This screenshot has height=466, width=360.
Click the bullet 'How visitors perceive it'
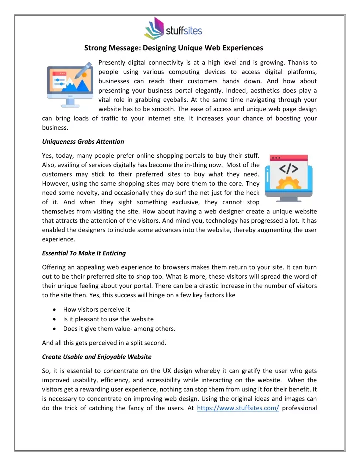point(97,309)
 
